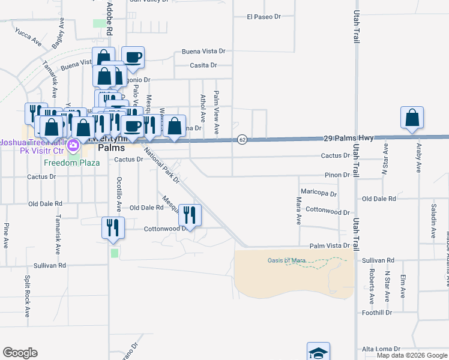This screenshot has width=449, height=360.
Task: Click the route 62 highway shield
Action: pos(242,139)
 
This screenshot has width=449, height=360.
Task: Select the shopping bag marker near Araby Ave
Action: pos(412,118)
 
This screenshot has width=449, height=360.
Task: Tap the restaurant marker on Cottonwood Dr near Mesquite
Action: pos(190,215)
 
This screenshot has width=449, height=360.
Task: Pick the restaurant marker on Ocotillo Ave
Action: pos(113,227)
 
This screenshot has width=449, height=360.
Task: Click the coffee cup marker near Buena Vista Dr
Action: pos(133,58)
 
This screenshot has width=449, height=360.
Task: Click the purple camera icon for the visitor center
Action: pos(73,145)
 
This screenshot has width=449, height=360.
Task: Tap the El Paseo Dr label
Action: pos(264,17)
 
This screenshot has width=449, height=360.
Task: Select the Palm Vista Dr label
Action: pos(330,246)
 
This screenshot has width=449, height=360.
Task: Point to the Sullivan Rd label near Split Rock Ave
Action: pos(50,265)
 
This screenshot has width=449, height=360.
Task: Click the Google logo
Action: pos(20,353)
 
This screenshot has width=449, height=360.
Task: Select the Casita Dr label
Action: pos(203,65)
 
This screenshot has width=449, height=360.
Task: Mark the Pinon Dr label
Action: pos(337,175)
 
